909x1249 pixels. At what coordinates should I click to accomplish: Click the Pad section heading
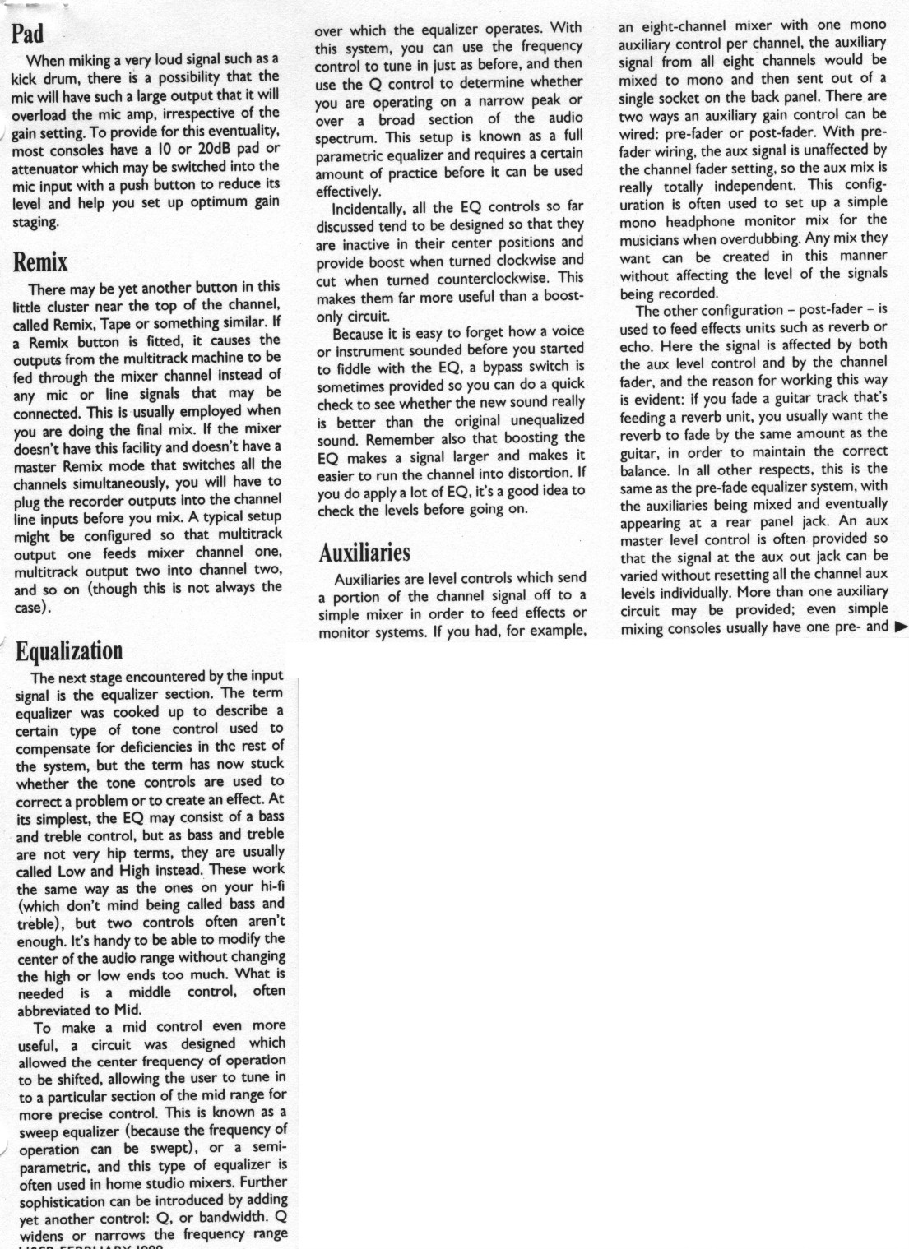27,34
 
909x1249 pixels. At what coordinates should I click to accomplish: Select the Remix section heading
40,262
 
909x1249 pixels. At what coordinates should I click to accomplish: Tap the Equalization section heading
69,650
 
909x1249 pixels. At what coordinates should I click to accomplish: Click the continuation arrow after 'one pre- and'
901,627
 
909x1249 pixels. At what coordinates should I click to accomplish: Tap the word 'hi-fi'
271,886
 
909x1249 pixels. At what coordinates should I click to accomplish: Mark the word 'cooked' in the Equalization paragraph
136,712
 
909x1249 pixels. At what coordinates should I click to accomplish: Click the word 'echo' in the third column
635,346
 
